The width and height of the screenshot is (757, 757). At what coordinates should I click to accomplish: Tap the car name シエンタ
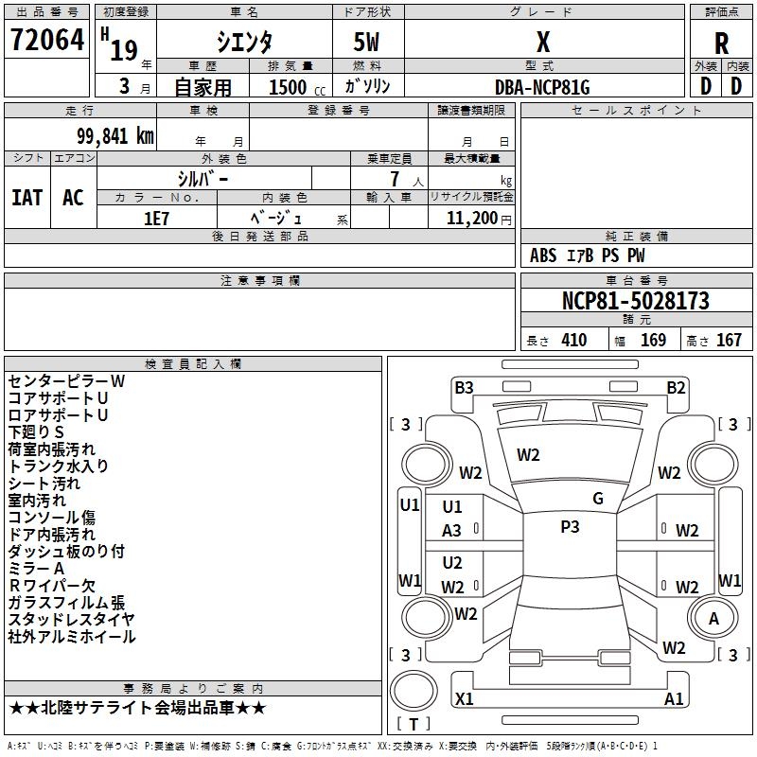[243, 43]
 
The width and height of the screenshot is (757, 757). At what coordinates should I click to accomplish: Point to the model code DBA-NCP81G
[542, 87]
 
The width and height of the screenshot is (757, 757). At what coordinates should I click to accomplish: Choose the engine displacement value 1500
[288, 87]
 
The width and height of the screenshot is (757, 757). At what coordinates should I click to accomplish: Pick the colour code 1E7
[156, 217]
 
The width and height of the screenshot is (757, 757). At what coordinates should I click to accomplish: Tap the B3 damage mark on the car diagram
[463, 387]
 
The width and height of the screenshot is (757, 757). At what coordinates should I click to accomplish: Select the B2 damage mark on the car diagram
[676, 387]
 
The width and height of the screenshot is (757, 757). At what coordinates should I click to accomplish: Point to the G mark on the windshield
[598, 499]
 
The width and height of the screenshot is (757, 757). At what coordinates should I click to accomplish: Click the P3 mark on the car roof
[570, 527]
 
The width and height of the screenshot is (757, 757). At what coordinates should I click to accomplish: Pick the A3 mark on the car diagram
[452, 531]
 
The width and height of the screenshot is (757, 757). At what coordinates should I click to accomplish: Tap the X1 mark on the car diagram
[464, 698]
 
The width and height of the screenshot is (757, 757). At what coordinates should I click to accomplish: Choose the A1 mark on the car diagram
[674, 698]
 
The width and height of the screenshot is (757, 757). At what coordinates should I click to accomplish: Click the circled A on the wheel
[714, 619]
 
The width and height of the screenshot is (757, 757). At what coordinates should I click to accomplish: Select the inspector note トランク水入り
[59, 466]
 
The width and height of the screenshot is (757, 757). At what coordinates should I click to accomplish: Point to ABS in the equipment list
[543, 255]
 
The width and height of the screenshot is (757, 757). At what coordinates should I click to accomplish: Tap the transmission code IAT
[26, 198]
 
